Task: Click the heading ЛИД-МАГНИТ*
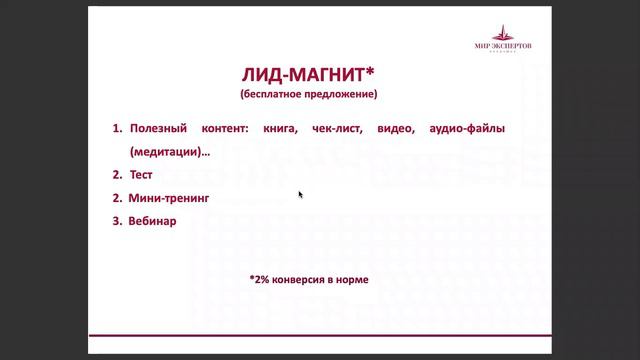[x=309, y=76]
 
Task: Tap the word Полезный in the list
[x=162, y=129]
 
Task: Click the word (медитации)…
[x=169, y=152]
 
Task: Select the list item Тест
[x=141, y=175]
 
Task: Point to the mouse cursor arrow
[x=300, y=194]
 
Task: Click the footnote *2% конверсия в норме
[x=309, y=280]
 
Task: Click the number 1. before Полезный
[x=117, y=129]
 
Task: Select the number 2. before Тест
[x=117, y=175]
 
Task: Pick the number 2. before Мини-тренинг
[x=117, y=198]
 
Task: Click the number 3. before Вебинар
[x=117, y=221]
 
